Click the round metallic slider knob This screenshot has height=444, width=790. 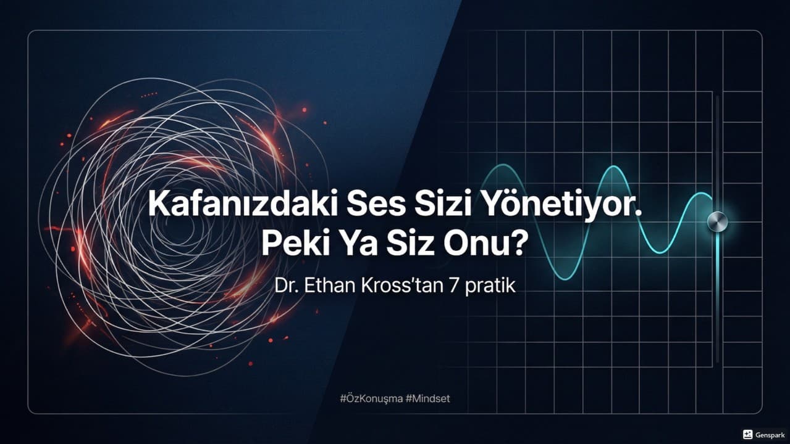718,221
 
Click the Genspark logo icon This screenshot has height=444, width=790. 747,434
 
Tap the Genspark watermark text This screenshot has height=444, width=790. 770,434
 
